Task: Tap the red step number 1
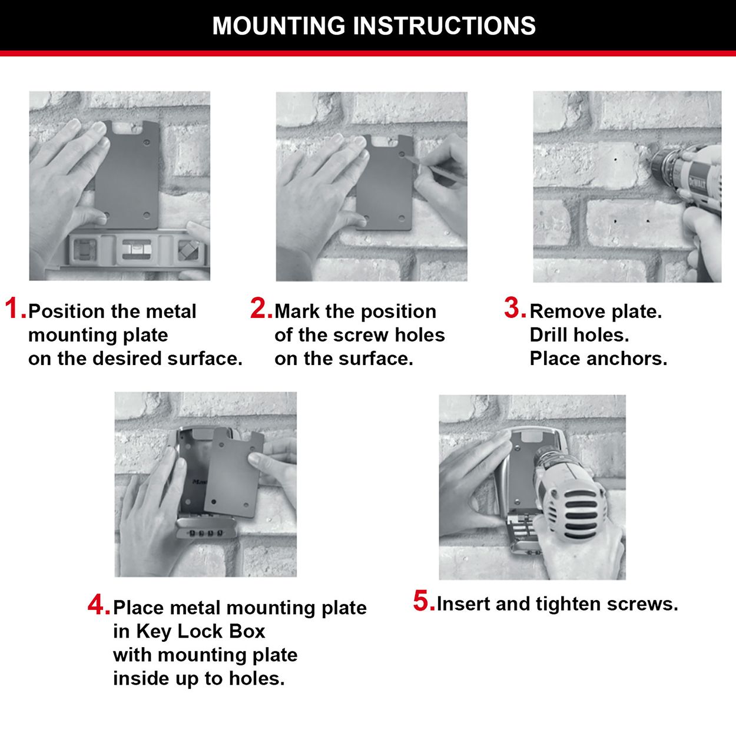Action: click(x=15, y=309)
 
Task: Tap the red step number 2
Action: click(x=260, y=309)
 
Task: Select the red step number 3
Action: click(x=514, y=309)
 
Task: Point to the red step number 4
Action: click(x=98, y=605)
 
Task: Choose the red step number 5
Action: click(x=423, y=601)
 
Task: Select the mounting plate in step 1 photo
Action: click(x=127, y=174)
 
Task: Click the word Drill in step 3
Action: click(x=549, y=335)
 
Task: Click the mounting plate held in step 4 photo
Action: click(x=233, y=474)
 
